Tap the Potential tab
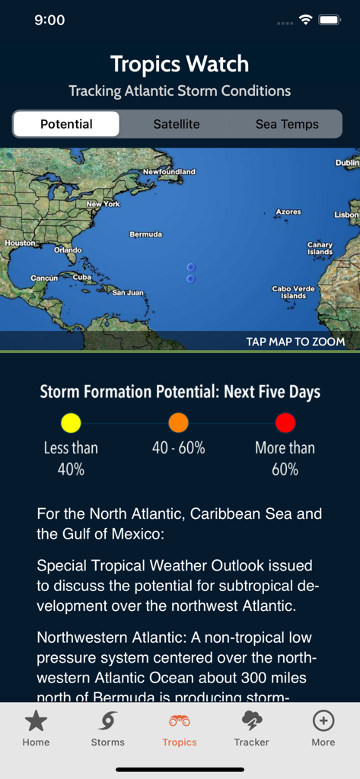(x=66, y=124)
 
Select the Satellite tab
(x=177, y=124)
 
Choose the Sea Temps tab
(x=287, y=124)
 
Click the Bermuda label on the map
(x=145, y=234)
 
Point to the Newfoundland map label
(x=169, y=172)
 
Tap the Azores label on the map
(x=288, y=211)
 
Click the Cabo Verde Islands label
(x=293, y=292)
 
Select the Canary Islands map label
(x=320, y=248)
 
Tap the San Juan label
(x=128, y=292)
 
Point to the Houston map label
(x=20, y=243)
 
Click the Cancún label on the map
(x=44, y=278)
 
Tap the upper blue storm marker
(x=190, y=267)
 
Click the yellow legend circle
(x=71, y=423)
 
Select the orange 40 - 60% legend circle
(x=178, y=423)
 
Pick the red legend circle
(x=285, y=423)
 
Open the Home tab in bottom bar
(x=36, y=728)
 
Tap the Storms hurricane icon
(x=107, y=721)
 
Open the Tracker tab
(x=251, y=728)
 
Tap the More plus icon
(x=323, y=721)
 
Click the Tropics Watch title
(x=180, y=64)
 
